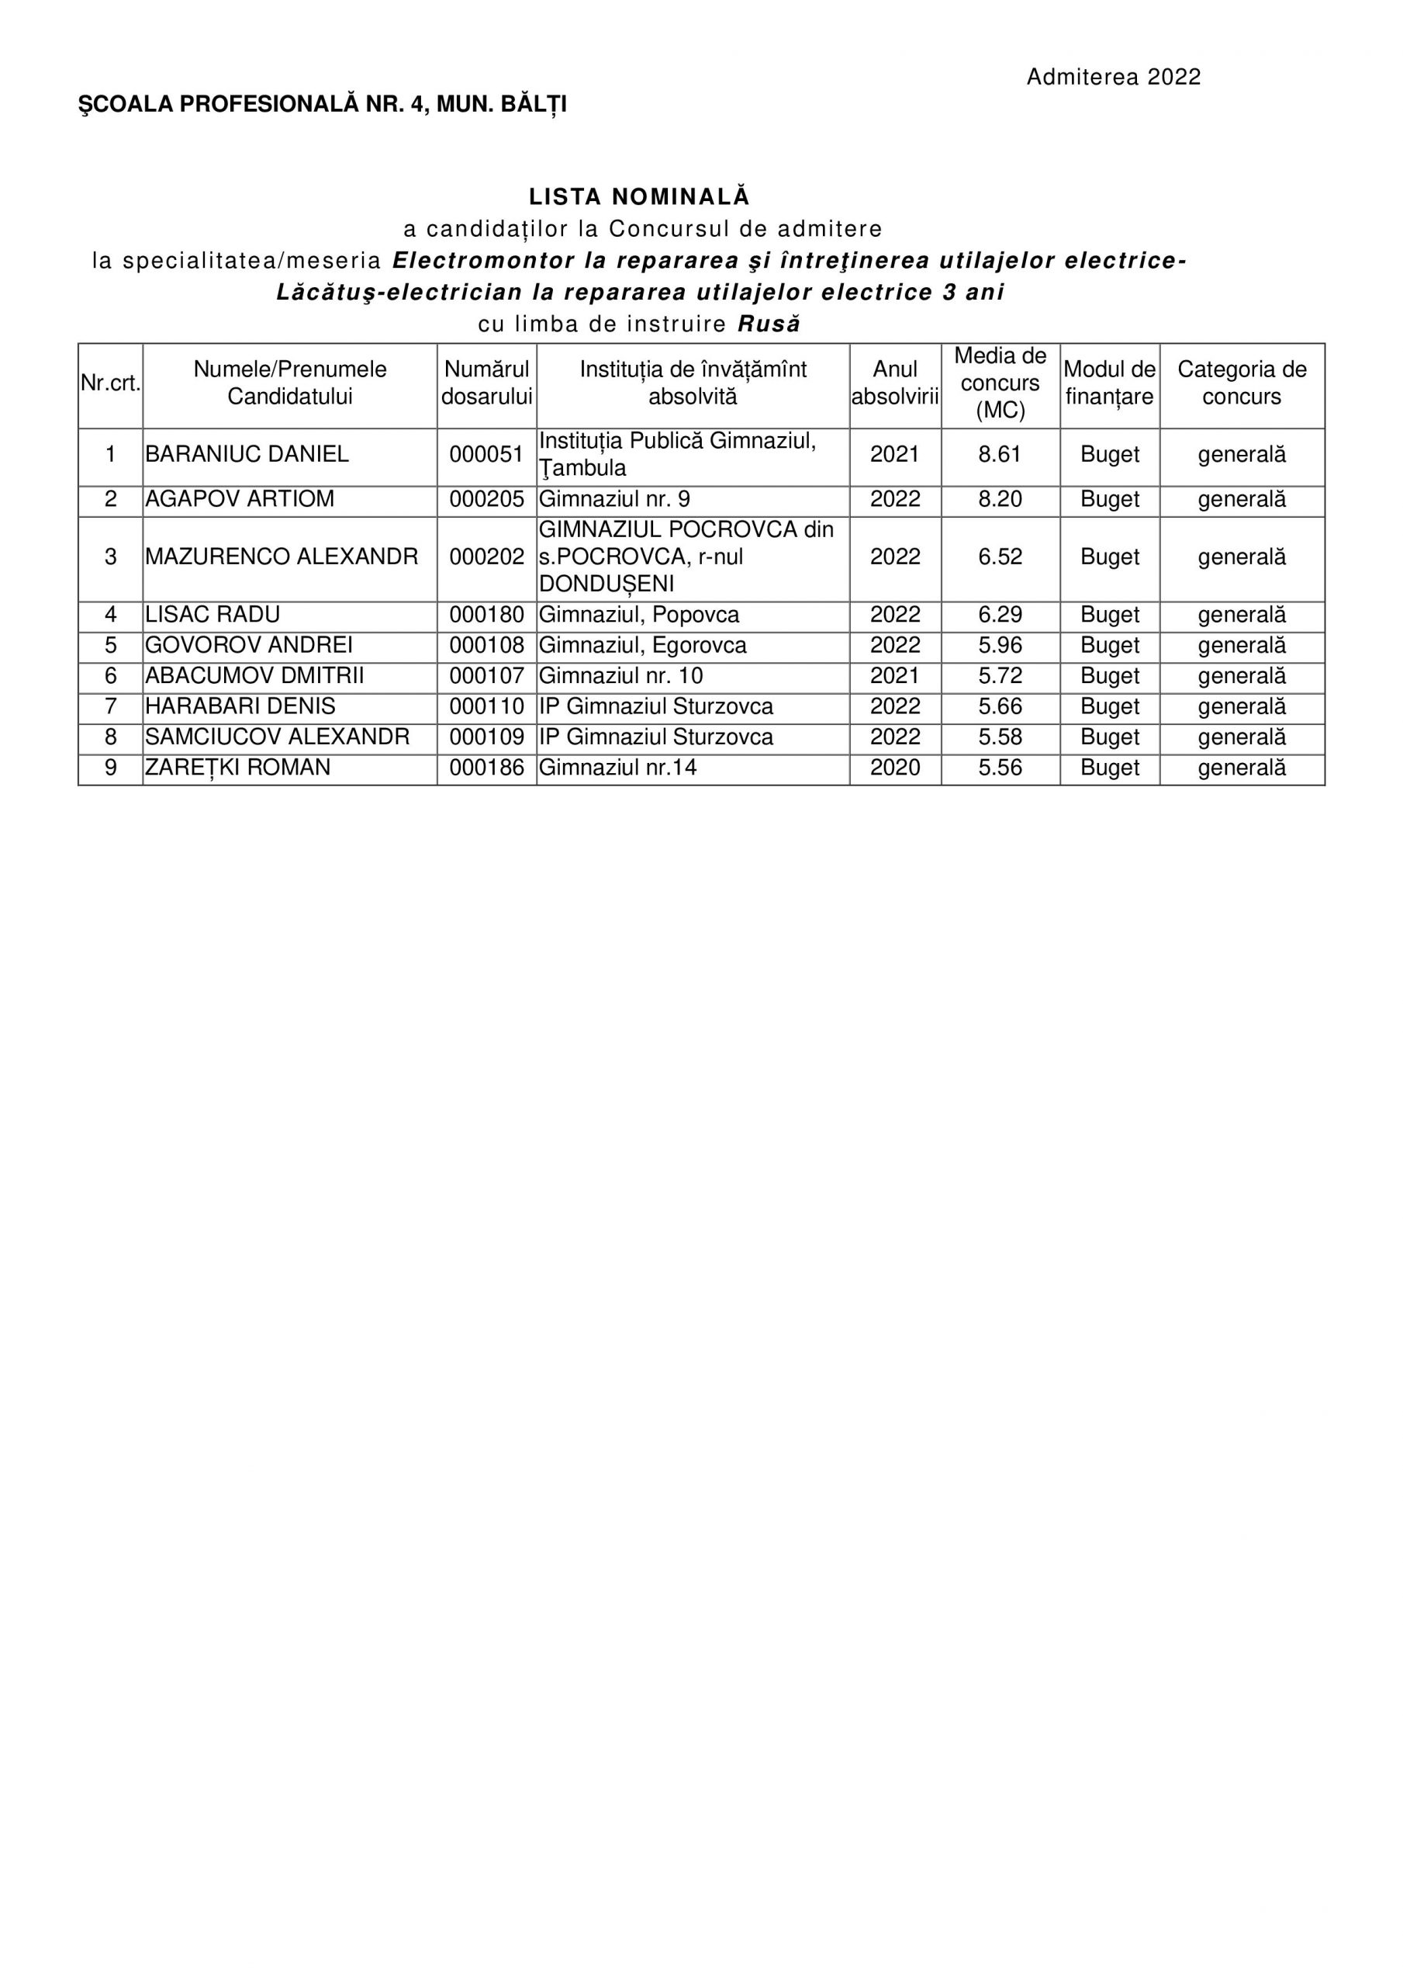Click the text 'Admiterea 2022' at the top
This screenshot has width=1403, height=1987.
click(x=1113, y=77)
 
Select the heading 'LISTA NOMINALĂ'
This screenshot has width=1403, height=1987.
click(x=639, y=196)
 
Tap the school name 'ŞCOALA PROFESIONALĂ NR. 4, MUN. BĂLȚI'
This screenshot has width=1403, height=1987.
click(x=323, y=105)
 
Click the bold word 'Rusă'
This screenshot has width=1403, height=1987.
click(x=769, y=324)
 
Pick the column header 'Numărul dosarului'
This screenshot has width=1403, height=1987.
click(x=486, y=383)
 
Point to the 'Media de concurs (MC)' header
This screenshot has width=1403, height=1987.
click(x=1000, y=383)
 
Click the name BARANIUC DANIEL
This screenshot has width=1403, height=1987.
click(x=247, y=454)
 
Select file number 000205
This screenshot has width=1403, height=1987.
click(x=486, y=499)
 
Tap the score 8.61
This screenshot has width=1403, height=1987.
click(x=1000, y=454)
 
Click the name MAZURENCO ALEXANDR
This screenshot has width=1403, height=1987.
click(x=282, y=557)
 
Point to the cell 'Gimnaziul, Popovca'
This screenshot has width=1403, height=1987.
click(x=639, y=616)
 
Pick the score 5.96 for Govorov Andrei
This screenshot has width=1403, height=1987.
click(x=1000, y=646)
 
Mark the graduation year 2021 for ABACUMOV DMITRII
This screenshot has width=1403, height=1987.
click(x=894, y=676)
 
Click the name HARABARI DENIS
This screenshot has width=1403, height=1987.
click(x=240, y=706)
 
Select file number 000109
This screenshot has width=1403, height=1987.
click(x=486, y=737)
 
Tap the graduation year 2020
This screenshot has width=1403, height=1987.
click(x=894, y=768)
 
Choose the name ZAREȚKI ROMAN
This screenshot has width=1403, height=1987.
click(x=238, y=768)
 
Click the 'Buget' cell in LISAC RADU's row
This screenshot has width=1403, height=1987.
click(x=1110, y=616)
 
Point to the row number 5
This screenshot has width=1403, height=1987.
click(x=111, y=646)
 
